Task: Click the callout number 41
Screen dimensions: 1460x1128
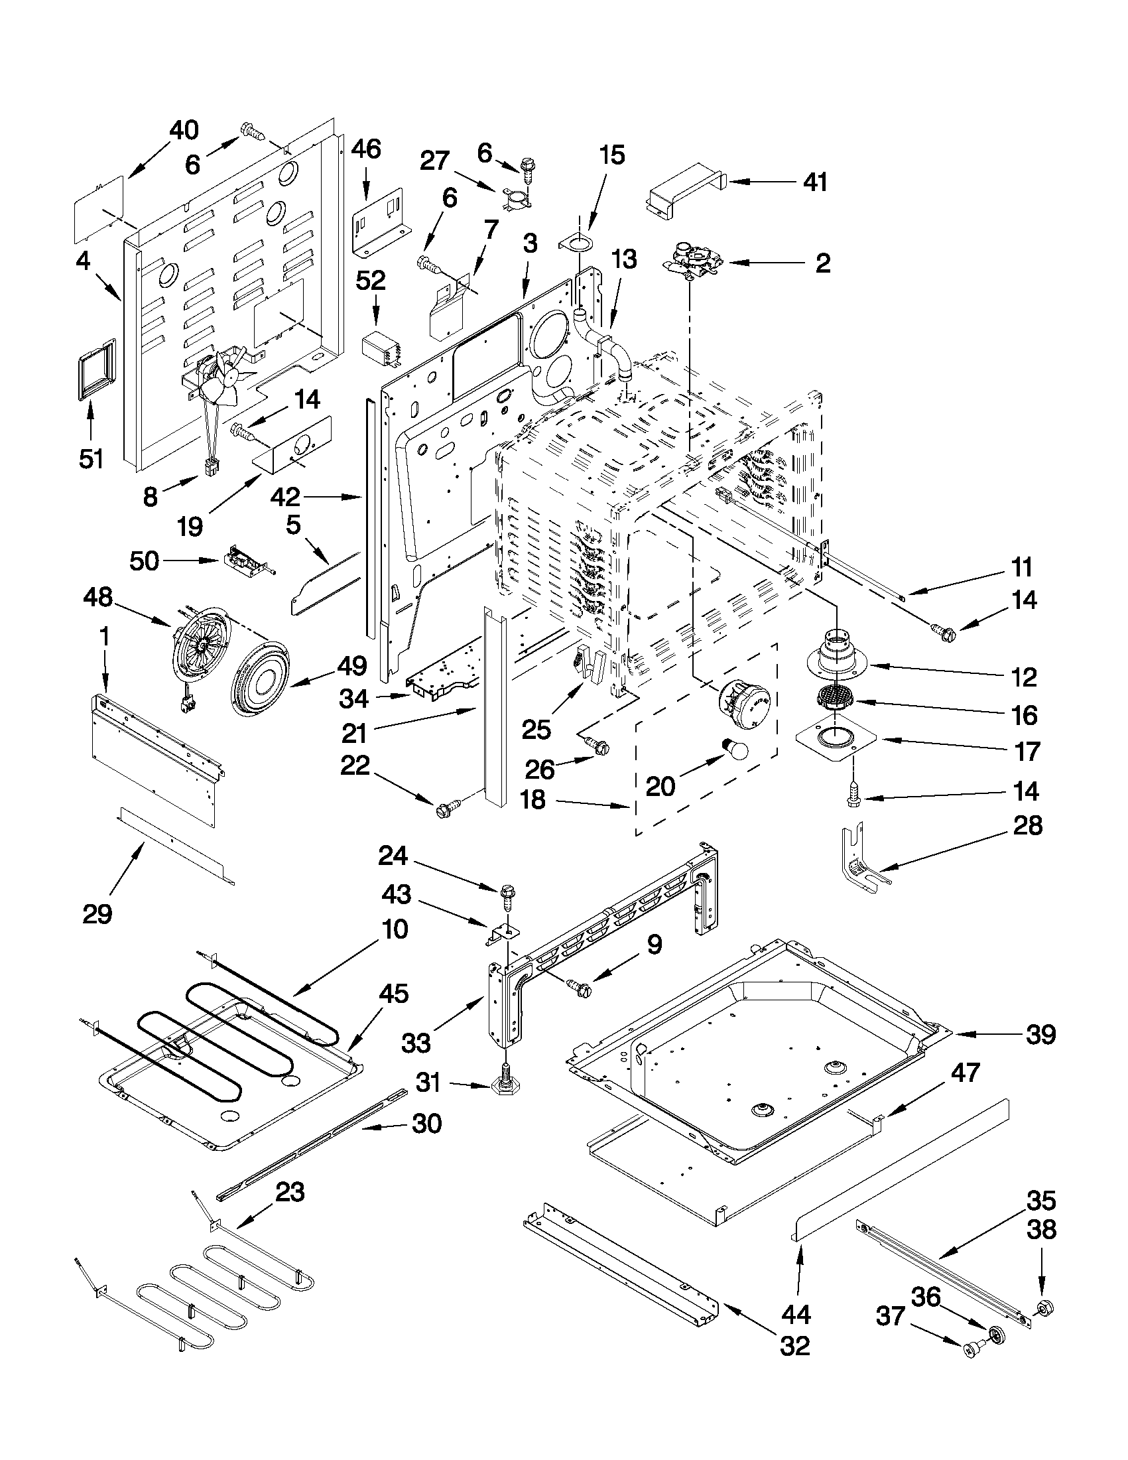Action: pos(814,181)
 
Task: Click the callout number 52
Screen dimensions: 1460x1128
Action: pos(371,281)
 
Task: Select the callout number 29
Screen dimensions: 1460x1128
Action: pos(97,913)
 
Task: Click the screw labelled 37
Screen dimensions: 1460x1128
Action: pos(973,1350)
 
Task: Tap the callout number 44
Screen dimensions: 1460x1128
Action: pos(796,1314)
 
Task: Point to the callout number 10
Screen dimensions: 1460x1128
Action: pos(396,929)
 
